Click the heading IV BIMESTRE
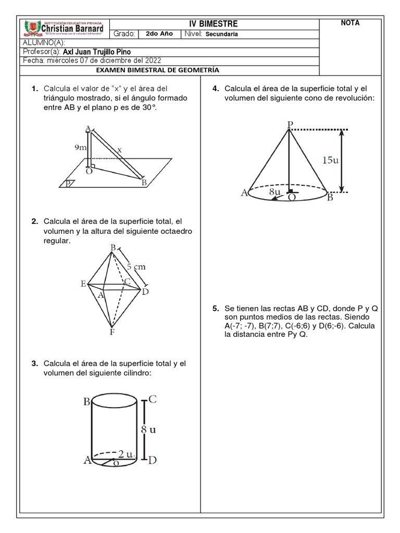click(x=215, y=24)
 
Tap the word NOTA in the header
click(x=350, y=23)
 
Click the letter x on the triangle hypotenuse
click(x=119, y=150)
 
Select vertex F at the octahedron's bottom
click(x=111, y=332)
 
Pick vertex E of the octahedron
click(x=83, y=284)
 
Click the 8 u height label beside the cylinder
click(x=148, y=430)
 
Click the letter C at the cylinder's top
click(x=153, y=400)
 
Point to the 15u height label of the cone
click(x=331, y=160)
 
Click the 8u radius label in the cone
click(x=276, y=191)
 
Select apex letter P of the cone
click(x=290, y=124)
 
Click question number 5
click(x=215, y=309)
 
